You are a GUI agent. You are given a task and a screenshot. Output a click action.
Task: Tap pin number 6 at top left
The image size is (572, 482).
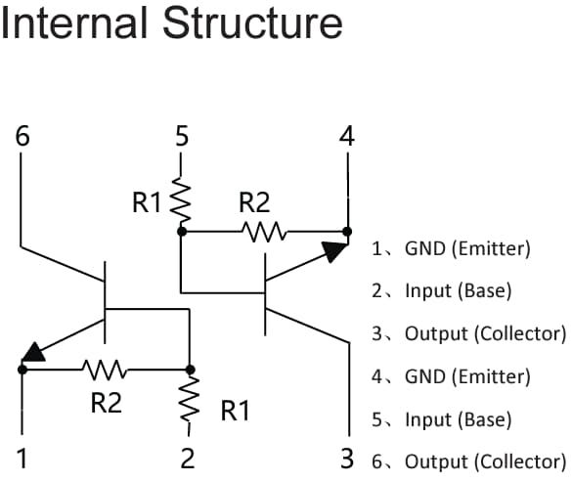point(22,136)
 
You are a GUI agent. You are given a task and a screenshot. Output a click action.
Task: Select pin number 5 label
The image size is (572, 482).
point(181,136)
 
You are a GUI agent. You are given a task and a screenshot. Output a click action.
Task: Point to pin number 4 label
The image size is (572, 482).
point(346,136)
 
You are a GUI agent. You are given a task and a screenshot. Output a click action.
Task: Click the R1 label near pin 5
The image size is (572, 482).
point(148,203)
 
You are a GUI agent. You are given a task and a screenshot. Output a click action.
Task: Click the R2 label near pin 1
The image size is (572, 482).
point(106,401)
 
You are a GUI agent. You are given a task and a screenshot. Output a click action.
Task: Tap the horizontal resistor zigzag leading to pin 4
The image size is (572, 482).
point(265,232)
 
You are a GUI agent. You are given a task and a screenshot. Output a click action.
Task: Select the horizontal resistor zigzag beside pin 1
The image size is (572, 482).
point(104,370)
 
